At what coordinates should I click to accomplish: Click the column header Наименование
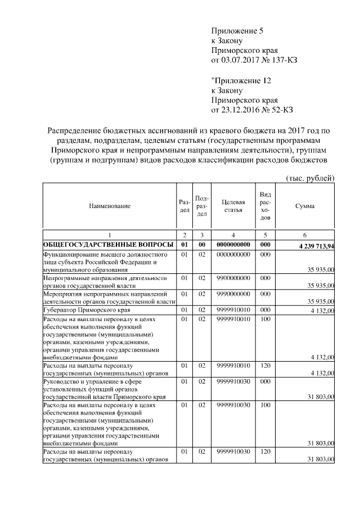(110, 206)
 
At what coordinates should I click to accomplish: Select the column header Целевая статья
(233, 206)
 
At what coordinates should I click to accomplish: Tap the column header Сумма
(304, 206)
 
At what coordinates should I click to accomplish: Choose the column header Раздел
(184, 206)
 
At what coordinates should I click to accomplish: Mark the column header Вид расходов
(265, 206)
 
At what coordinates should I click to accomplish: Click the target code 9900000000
(233, 278)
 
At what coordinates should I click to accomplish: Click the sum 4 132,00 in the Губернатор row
(322, 310)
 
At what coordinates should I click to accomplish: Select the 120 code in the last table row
(265, 452)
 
